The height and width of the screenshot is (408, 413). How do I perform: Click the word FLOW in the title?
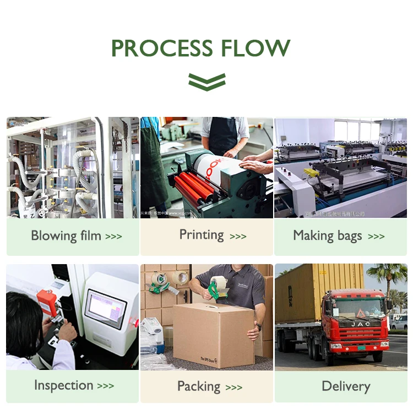(x=256, y=49)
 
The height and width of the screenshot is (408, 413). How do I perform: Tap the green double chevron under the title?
(x=206, y=81)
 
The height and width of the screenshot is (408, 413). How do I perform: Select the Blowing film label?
(x=66, y=236)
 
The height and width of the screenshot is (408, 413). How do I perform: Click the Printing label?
(x=202, y=235)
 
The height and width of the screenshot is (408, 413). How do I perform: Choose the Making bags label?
(x=328, y=236)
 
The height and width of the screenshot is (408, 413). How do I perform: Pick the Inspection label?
(x=63, y=385)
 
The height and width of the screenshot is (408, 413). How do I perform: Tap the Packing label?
(x=199, y=386)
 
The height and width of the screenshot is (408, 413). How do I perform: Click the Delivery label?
(x=346, y=386)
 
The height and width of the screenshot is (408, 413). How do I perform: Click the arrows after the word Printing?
(x=238, y=237)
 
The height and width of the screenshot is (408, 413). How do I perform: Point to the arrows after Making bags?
(x=376, y=237)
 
